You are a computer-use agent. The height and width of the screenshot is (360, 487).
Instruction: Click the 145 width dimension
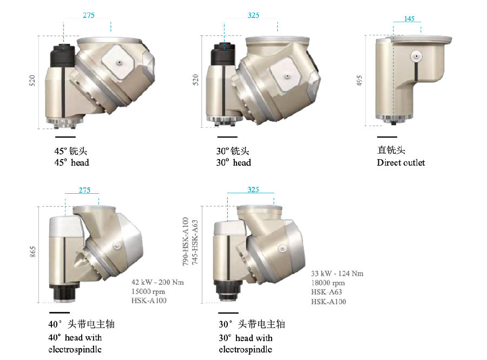tap(409, 19)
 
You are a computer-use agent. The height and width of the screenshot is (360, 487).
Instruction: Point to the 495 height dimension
tap(359, 80)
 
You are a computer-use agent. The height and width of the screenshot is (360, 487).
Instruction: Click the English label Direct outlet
tap(401, 162)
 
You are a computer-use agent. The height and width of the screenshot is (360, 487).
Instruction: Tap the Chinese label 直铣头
tap(391, 150)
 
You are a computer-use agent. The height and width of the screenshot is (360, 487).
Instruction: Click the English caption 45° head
tap(71, 162)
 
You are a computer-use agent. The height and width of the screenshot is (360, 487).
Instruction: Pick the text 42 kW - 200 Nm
tap(158, 282)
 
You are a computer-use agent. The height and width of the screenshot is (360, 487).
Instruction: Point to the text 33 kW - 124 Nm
tap(337, 273)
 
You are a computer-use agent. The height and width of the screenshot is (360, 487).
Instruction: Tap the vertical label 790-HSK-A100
tap(186, 240)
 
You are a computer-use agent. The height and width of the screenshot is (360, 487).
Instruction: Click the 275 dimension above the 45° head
tap(88, 16)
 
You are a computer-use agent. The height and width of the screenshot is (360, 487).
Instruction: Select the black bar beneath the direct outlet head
tap(387, 136)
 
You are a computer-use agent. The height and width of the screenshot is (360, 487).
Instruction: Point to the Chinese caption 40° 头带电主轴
tap(81, 325)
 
